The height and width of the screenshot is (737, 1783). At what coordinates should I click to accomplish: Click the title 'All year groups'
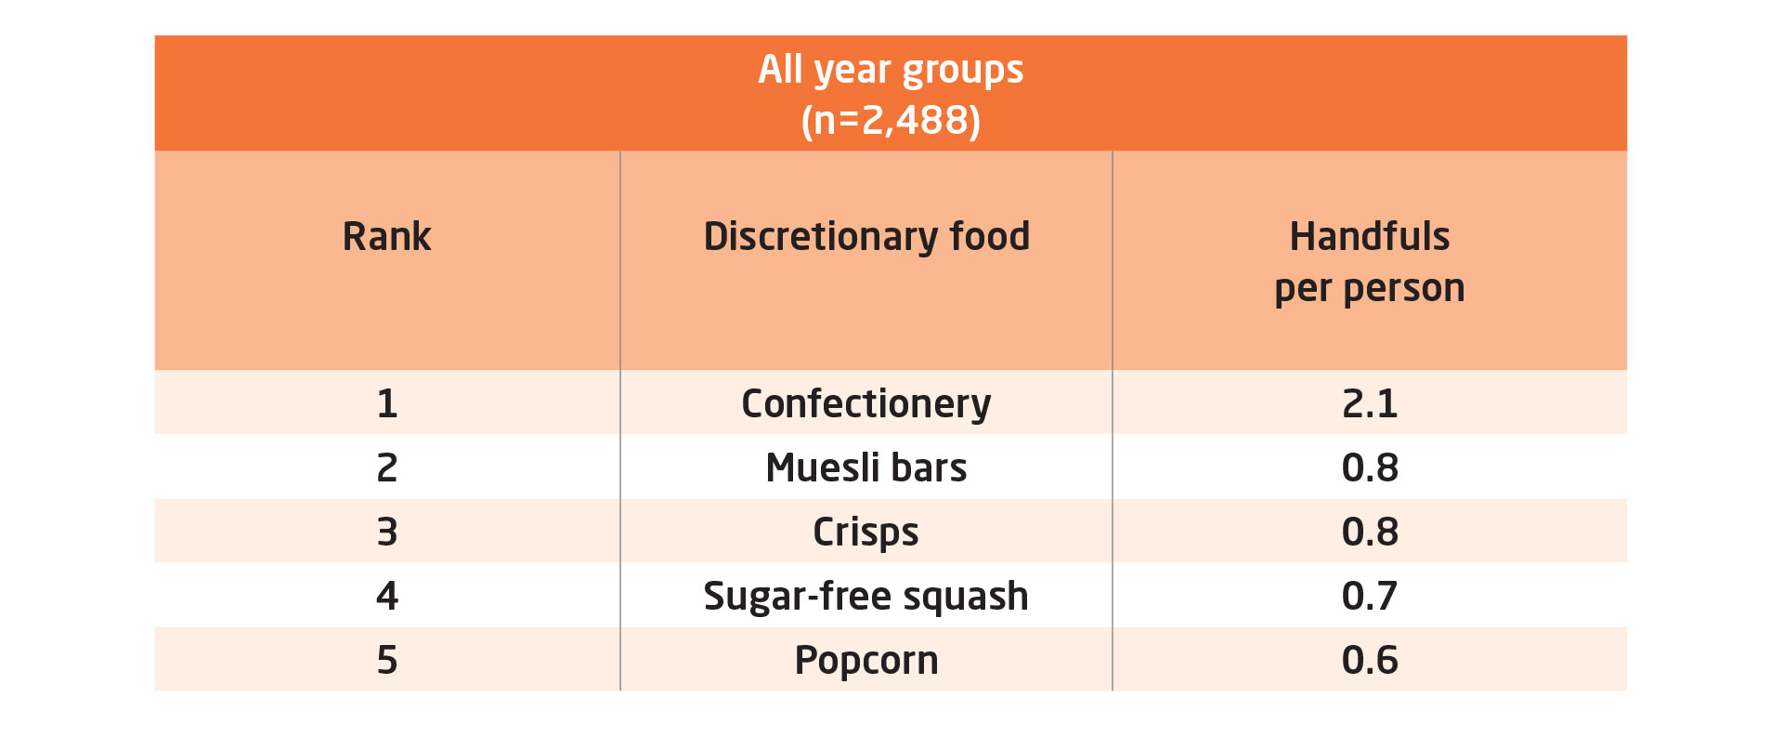pyautogui.click(x=891, y=71)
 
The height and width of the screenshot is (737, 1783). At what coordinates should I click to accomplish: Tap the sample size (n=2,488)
pyautogui.click(x=891, y=121)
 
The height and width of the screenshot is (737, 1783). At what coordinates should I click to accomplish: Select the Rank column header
pyautogui.click(x=386, y=236)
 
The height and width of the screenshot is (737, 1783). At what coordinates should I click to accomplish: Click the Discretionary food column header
pyautogui.click(x=866, y=237)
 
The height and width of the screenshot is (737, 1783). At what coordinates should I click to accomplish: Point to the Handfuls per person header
pyautogui.click(x=1370, y=262)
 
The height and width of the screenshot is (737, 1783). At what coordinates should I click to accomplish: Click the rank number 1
pyautogui.click(x=387, y=403)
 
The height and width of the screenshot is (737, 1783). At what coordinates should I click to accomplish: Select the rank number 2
pyautogui.click(x=387, y=467)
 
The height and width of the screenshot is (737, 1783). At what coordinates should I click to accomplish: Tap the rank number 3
pyautogui.click(x=387, y=532)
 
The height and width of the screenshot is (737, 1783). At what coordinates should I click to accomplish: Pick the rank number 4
pyautogui.click(x=387, y=596)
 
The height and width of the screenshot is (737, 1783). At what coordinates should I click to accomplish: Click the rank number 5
pyautogui.click(x=387, y=660)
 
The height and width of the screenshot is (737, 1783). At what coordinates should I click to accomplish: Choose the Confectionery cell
pyautogui.click(x=866, y=404)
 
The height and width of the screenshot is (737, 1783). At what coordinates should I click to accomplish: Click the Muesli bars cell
pyautogui.click(x=866, y=467)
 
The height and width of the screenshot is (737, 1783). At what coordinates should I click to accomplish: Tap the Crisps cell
pyautogui.click(x=865, y=533)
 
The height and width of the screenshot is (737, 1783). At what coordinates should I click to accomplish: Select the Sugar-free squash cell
pyautogui.click(x=866, y=597)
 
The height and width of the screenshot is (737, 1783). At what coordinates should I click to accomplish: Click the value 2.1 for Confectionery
pyautogui.click(x=1370, y=403)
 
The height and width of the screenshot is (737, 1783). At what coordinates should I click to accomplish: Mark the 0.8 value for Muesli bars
pyautogui.click(x=1370, y=467)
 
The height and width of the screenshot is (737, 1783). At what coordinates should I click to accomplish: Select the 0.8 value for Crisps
pyautogui.click(x=1370, y=532)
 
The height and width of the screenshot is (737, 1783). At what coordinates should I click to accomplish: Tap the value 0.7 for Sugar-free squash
pyautogui.click(x=1370, y=596)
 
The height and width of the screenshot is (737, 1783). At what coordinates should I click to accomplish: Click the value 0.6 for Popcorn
pyautogui.click(x=1370, y=660)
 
